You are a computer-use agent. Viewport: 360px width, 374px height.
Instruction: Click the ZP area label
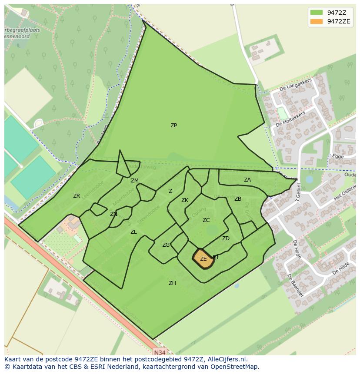173,126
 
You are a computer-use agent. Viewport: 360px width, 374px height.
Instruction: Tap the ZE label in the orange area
203,259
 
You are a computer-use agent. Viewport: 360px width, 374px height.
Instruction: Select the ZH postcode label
172,283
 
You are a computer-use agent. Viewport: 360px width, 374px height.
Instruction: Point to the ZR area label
77,196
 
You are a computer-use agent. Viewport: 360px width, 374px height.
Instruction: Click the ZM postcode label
135,181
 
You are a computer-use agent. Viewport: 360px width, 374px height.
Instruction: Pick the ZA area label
247,180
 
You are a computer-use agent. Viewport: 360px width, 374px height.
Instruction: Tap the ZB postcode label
238,199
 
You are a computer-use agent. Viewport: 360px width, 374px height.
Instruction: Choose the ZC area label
206,220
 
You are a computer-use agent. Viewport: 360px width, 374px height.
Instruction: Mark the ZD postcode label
226,238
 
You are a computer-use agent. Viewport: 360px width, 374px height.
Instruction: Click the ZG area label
166,245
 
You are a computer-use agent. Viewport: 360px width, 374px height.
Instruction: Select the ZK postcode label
185,200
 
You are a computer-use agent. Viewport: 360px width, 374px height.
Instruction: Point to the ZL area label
133,232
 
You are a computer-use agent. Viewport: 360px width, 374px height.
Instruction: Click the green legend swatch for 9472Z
316,13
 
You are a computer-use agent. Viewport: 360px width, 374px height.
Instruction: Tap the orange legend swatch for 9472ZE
316,21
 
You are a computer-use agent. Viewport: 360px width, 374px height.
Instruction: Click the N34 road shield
160,352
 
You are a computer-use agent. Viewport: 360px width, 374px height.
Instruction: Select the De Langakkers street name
296,85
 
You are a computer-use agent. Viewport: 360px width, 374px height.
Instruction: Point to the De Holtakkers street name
290,119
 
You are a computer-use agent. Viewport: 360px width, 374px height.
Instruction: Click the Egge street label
338,156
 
